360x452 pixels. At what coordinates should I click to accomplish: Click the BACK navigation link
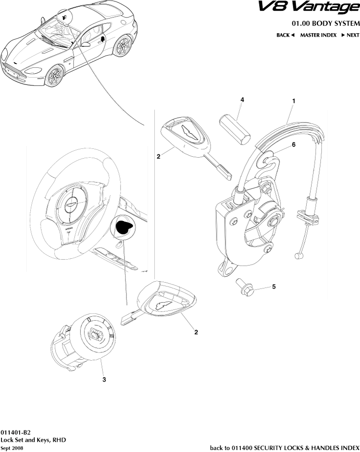click(286, 35)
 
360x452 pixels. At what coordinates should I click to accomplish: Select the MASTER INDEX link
click(318, 35)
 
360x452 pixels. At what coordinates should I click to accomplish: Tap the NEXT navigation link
click(350, 35)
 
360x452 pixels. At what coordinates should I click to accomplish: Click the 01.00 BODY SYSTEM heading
click(325, 23)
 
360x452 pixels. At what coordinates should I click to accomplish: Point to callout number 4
click(242, 100)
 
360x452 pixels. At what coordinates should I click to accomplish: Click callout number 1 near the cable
click(293, 101)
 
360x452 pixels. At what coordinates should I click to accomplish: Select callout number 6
click(294, 144)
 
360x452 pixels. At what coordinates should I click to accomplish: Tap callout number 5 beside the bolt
click(274, 287)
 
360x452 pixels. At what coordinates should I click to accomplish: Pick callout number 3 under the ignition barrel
click(104, 379)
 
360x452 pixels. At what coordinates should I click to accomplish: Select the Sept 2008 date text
click(12, 448)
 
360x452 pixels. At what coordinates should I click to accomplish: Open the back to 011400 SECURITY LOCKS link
click(284, 447)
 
